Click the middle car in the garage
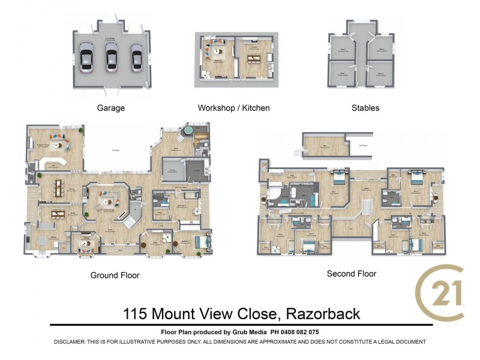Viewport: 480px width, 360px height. (x=111, y=58)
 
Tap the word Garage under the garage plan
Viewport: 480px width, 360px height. (x=111, y=109)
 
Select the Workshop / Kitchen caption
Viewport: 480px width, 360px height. (x=233, y=109)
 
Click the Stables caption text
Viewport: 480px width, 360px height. (x=365, y=109)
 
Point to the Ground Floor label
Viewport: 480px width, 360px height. (x=115, y=275)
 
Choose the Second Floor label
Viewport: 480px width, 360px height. (x=352, y=274)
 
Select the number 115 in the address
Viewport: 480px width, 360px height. (x=136, y=314)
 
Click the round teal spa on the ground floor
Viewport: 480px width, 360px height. (x=188, y=130)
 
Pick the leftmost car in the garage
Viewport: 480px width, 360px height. (x=86, y=58)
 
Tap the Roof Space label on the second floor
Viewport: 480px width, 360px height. (x=362, y=145)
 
